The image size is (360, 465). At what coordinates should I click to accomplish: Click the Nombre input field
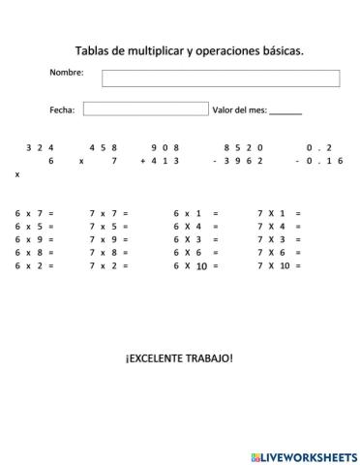point(221,77)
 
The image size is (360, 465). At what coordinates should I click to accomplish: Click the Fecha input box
point(144,108)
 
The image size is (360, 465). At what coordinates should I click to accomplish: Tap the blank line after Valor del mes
point(285,111)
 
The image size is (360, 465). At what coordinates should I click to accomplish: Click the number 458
point(104,147)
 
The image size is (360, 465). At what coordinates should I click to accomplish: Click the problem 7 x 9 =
point(108,238)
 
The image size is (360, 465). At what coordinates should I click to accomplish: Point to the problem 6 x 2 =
point(35,265)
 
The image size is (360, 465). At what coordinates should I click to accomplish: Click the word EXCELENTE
point(162,358)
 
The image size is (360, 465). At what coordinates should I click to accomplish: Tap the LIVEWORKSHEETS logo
point(300,454)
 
